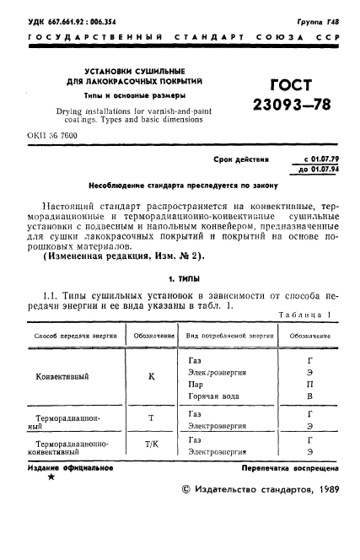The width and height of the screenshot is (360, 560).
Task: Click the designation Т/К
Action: (x=152, y=446)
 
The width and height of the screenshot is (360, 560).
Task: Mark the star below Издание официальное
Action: (x=51, y=477)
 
